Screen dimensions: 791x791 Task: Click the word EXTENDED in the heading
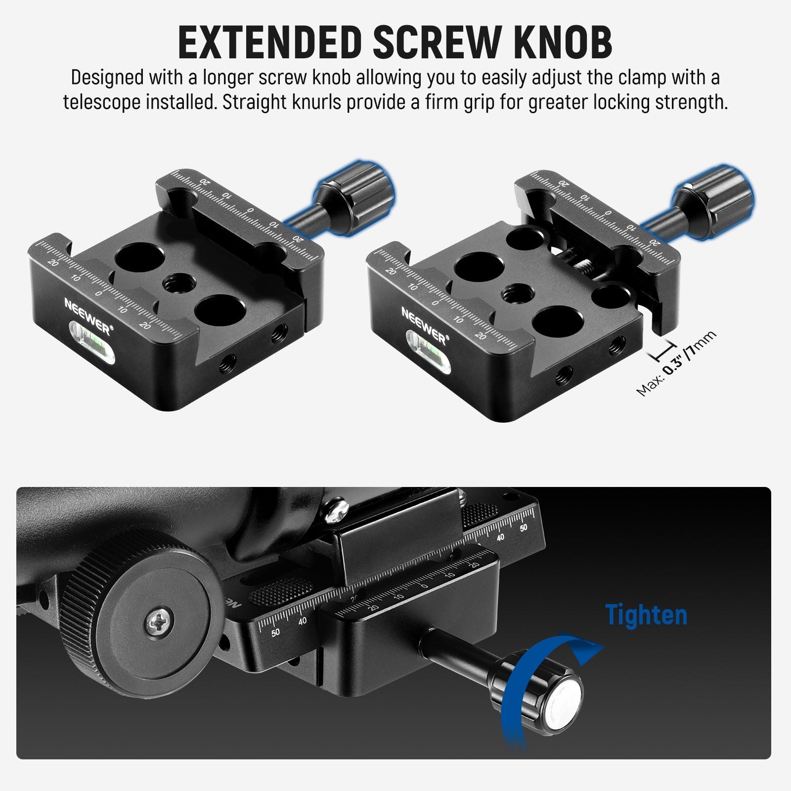[x=270, y=43]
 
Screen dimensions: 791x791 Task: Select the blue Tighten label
[x=646, y=615]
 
